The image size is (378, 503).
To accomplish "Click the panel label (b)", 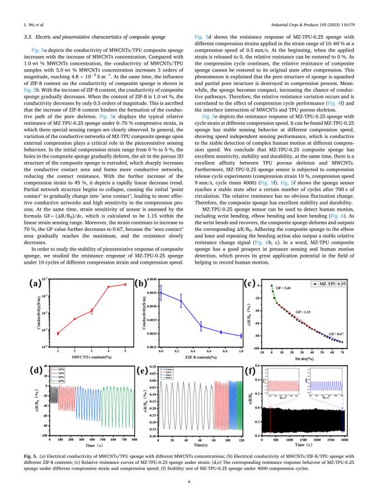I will [143, 283].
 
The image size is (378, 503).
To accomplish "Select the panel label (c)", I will [253, 283].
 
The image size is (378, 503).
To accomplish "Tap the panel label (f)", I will [253, 370].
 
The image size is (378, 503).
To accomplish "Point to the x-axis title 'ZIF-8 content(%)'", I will [201, 357].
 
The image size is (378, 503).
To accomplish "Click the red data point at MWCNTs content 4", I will [108, 287].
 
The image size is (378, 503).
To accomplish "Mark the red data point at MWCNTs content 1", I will [58, 333].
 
